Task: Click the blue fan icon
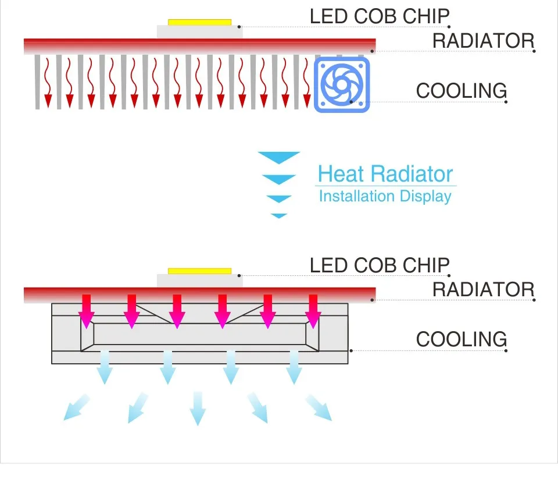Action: pyautogui.click(x=342, y=84)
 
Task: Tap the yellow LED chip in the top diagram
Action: pyautogui.click(x=199, y=23)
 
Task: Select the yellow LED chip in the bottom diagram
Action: pyautogui.click(x=199, y=271)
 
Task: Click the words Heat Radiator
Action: pyautogui.click(x=385, y=174)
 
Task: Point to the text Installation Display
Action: pyautogui.click(x=385, y=196)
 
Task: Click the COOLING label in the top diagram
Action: pyautogui.click(x=462, y=91)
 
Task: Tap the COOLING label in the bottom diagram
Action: pyautogui.click(x=462, y=339)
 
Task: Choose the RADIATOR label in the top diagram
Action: pyautogui.click(x=483, y=41)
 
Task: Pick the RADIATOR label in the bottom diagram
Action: pyautogui.click(x=483, y=289)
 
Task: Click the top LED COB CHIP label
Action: pyautogui.click(x=380, y=16)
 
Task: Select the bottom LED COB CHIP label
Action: pyautogui.click(x=380, y=265)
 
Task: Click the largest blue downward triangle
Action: pyautogui.click(x=279, y=157)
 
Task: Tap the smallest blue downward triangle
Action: pyautogui.click(x=279, y=216)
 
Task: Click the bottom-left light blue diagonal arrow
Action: pyautogui.click(x=77, y=407)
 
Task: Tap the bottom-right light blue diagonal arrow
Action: pyautogui.click(x=319, y=407)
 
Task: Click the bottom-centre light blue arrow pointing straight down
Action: pyautogui.click(x=198, y=407)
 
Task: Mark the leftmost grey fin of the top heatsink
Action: pyautogui.click(x=37, y=81)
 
